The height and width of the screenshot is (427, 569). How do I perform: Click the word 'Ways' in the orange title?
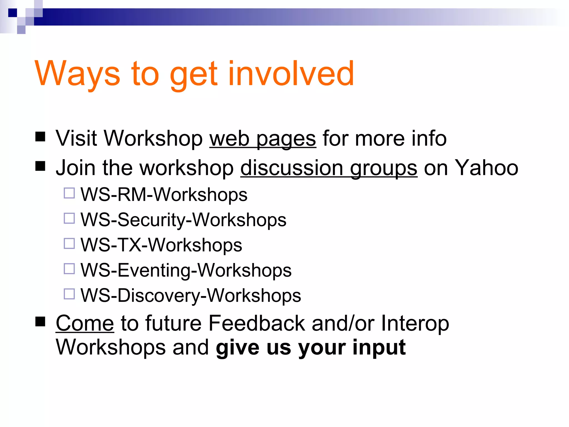77,73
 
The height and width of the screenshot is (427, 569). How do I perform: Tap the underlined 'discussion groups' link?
329,168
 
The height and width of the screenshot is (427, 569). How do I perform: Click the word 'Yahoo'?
486,168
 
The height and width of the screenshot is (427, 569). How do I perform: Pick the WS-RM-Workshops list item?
164,195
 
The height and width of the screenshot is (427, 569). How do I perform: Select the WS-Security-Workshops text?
183,220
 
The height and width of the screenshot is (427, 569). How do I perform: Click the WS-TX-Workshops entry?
161,245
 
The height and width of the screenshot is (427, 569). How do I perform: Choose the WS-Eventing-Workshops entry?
186,270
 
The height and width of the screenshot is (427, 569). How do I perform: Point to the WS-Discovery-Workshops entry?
191,296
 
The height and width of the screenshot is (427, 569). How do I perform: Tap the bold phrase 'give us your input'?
311,347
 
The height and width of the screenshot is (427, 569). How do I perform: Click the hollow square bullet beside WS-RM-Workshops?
69,193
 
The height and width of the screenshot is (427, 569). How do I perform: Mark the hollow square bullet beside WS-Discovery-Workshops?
69,294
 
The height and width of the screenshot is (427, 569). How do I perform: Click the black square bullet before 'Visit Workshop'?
41,137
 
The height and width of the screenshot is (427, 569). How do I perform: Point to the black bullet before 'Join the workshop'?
41,166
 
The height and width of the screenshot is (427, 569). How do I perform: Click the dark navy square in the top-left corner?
13,13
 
